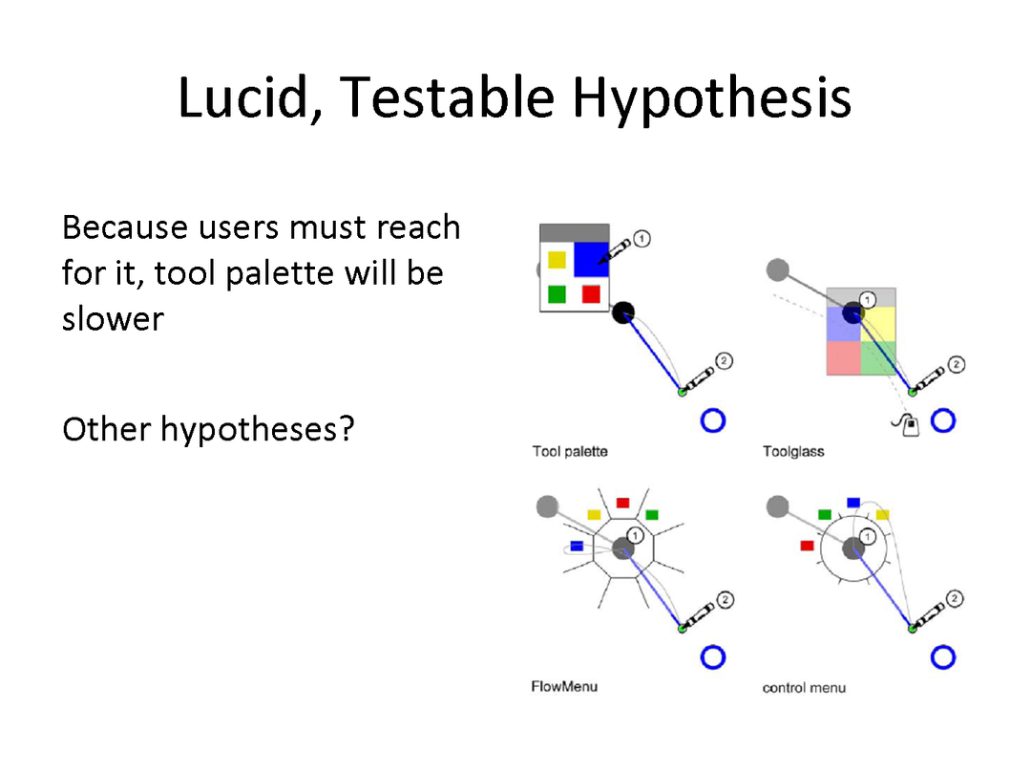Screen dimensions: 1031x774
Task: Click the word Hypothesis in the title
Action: coord(712,98)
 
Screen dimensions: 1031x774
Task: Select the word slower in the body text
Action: coord(113,319)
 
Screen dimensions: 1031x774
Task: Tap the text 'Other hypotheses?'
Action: coord(208,430)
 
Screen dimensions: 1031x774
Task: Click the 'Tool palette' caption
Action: coord(570,451)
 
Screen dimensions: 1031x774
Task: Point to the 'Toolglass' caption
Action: coord(793,451)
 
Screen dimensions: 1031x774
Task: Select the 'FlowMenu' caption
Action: coord(564,686)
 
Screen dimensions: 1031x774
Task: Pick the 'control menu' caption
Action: coord(804,688)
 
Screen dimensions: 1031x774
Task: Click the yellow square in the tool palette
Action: coord(557,260)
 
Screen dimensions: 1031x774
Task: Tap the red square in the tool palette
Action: coord(591,293)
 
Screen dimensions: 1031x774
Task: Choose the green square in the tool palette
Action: coord(557,293)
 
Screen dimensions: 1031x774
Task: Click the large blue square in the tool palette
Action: coord(591,259)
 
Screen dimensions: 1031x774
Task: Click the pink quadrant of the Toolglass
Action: coord(844,358)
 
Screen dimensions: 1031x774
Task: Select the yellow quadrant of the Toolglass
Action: coord(878,324)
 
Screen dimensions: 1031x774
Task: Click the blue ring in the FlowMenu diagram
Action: coord(713,656)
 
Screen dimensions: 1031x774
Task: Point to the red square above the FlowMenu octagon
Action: coord(622,504)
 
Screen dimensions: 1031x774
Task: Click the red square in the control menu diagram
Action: coord(808,546)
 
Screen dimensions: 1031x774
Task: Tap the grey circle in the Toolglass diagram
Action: coord(778,269)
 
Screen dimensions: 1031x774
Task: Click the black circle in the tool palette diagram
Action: coord(623,312)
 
